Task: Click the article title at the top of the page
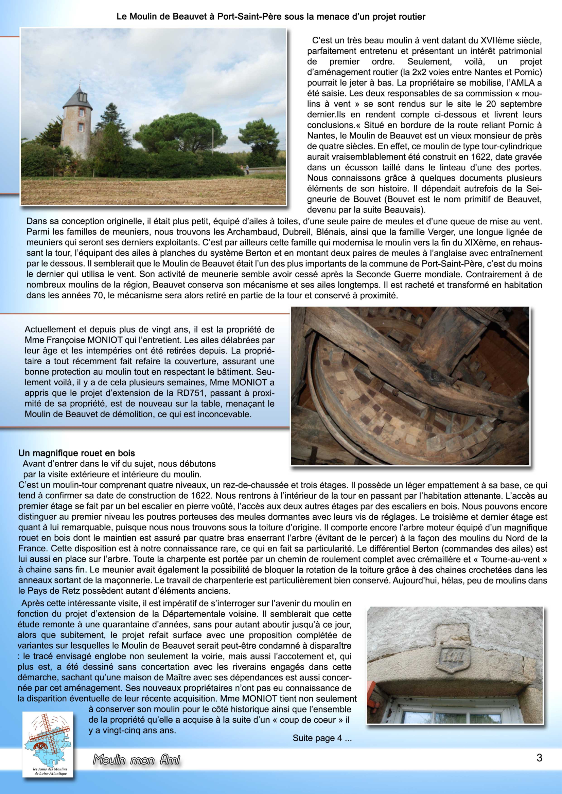[x=271, y=16]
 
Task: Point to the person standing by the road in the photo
[x=247, y=169]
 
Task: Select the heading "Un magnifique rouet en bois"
[x=77, y=453]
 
